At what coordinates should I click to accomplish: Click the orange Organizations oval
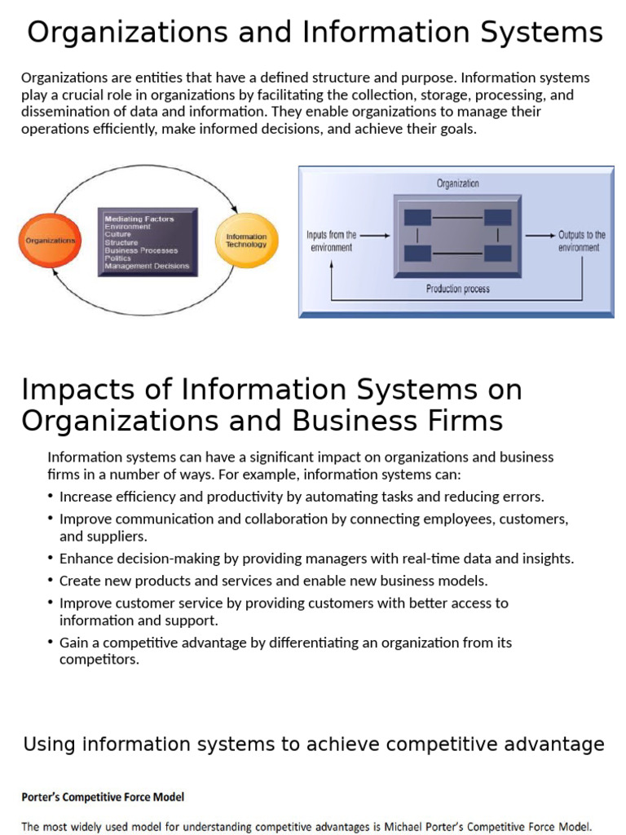(51, 241)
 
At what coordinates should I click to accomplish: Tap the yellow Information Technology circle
(245, 241)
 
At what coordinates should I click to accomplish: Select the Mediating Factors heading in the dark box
(139, 219)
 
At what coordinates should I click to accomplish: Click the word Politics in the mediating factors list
(118, 258)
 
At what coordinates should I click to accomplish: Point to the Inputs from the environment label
(331, 241)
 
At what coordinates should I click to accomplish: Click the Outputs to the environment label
(582, 241)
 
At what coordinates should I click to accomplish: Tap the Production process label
(457, 289)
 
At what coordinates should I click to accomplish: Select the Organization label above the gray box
(457, 183)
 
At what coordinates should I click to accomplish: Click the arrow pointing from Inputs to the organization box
(374, 236)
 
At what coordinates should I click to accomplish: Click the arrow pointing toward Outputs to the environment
(539, 236)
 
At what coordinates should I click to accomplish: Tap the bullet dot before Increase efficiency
(51, 497)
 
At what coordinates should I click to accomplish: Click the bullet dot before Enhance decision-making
(51, 559)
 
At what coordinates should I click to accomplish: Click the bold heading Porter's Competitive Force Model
(103, 797)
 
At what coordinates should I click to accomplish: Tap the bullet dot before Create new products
(51, 581)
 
